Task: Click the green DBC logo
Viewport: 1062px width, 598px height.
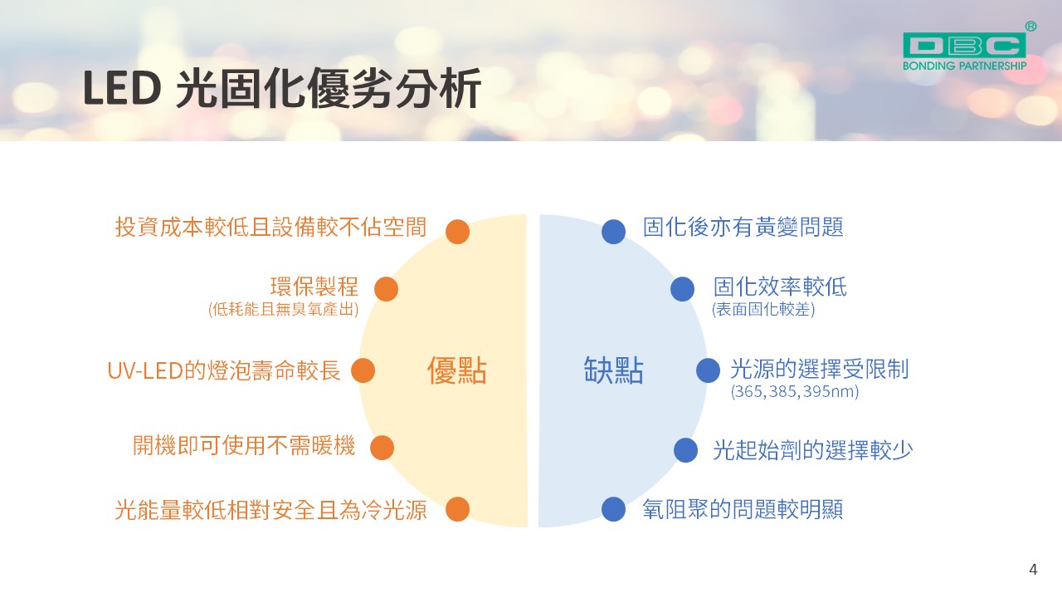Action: [964, 46]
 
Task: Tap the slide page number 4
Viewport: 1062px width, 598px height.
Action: [1033, 569]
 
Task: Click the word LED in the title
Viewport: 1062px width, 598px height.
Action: [122, 88]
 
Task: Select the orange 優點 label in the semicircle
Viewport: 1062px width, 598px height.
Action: [457, 370]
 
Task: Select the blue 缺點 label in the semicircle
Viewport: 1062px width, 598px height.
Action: [613, 370]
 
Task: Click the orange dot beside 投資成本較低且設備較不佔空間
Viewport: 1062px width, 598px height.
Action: [457, 232]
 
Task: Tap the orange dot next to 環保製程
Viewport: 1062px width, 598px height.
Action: [386, 289]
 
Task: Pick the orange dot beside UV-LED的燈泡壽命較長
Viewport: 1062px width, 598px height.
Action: [363, 370]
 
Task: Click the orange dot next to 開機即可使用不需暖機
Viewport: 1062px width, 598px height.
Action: [382, 448]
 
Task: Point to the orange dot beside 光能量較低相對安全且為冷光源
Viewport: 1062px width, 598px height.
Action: [457, 509]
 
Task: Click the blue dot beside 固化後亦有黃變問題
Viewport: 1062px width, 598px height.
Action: [613, 232]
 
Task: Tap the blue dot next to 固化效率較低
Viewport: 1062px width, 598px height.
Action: [683, 289]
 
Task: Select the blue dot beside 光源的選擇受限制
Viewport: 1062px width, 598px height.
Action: [709, 370]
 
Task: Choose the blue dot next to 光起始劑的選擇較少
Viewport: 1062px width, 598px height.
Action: [685, 450]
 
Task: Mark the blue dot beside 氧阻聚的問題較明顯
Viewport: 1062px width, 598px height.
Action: [613, 509]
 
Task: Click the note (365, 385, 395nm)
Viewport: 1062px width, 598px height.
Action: [795, 391]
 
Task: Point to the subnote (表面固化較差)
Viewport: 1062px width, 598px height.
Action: [763, 310]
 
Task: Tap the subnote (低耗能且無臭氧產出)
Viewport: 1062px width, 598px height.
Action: [284, 310]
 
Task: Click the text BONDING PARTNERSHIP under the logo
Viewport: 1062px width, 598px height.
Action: [964, 66]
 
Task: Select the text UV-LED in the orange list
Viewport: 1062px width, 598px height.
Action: [145, 370]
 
